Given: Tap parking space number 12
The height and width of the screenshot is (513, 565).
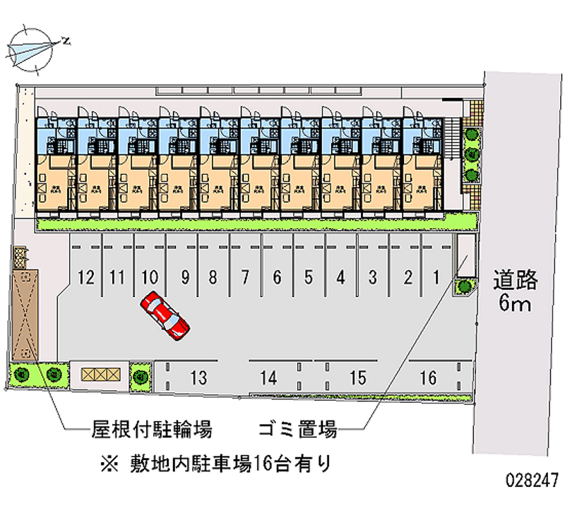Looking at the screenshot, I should (x=87, y=277).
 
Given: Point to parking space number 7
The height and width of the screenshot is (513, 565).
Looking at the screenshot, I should (x=244, y=277).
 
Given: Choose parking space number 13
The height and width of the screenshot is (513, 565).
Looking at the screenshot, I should (x=198, y=378).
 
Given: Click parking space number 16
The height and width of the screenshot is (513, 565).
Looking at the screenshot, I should (x=428, y=378).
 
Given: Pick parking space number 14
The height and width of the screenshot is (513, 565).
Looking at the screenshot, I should (x=268, y=378).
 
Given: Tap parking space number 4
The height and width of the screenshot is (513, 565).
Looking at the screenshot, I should (x=340, y=277).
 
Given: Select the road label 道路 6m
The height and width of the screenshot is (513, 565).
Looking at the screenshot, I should (x=515, y=292).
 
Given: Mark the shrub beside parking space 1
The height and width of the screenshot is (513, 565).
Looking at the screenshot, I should (x=465, y=286).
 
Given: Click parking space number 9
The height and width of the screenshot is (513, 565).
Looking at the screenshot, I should (x=184, y=277).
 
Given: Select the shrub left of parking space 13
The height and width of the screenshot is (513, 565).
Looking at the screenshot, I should (x=141, y=375).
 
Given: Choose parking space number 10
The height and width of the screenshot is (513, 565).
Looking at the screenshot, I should (x=149, y=277).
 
